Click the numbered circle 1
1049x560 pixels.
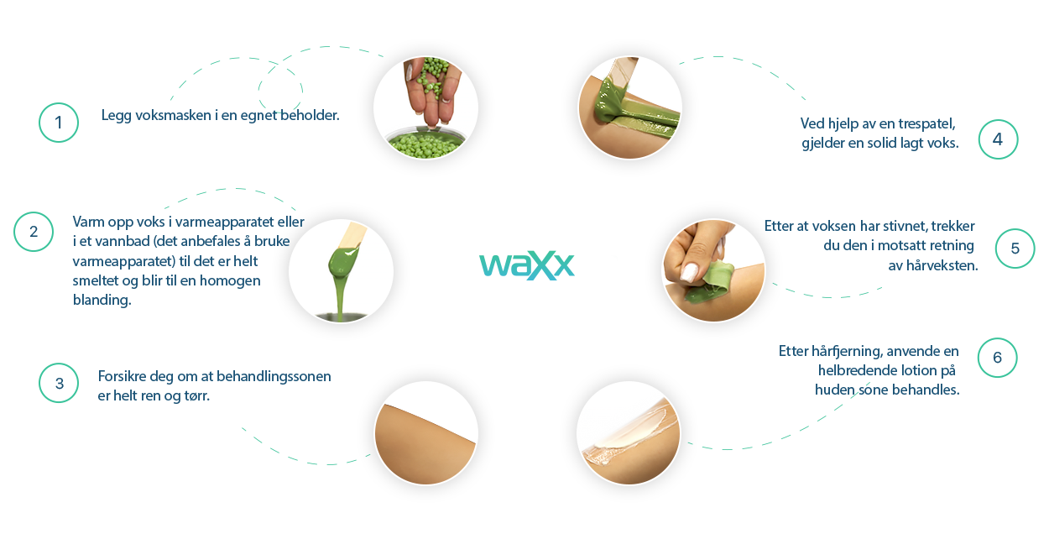pos(59,123)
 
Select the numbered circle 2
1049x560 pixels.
pos(34,232)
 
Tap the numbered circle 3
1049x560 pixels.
pos(59,383)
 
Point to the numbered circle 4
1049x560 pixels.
pos(997,139)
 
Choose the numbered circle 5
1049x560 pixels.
pos(1015,249)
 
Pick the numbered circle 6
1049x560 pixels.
pos(997,358)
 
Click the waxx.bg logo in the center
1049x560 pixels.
pos(548,264)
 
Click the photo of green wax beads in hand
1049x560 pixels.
pos(425,107)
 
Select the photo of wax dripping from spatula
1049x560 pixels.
pos(341,271)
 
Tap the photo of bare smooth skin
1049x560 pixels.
pos(425,433)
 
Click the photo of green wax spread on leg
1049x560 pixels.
pos(629,107)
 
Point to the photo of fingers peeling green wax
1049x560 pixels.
pos(713,270)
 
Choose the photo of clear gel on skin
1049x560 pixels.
pos(629,433)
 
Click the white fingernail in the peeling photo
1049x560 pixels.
pos(689,271)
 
